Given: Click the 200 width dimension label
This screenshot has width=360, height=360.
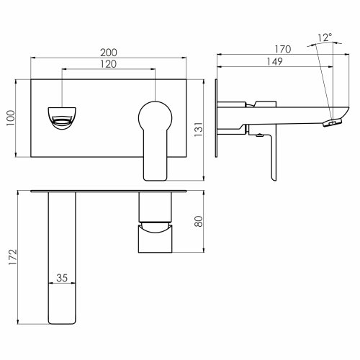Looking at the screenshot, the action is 109,53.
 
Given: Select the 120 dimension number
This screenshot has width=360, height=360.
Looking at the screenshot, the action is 109,64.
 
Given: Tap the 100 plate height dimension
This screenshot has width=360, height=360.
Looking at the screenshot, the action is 11,118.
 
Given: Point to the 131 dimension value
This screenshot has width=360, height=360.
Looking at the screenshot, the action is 199,130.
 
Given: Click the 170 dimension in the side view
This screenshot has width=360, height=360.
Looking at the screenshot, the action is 283,49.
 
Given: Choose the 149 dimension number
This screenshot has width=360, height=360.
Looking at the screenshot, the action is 275,62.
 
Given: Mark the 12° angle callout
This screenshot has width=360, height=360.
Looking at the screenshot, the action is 325,37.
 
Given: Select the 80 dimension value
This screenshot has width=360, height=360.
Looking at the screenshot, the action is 199,221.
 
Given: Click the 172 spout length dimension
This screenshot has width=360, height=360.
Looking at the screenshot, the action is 13,257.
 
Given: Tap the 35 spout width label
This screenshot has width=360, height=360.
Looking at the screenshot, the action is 62,278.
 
